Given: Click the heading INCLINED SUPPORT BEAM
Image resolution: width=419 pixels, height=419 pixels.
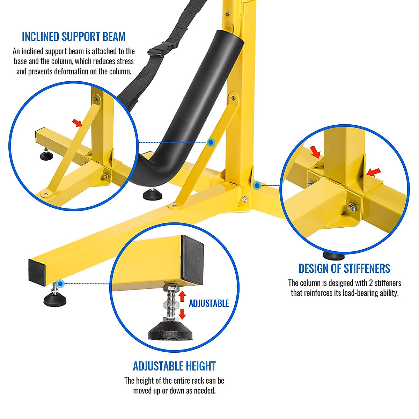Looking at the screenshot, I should [x=73, y=37].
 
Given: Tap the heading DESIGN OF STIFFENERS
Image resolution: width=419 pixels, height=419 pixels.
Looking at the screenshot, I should [x=344, y=268].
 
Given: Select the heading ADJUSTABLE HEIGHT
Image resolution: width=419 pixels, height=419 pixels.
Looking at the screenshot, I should [x=174, y=366].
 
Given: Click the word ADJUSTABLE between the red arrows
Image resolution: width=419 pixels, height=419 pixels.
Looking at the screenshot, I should [x=209, y=303].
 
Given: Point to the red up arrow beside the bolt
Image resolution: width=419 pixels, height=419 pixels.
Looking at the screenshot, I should [x=182, y=296].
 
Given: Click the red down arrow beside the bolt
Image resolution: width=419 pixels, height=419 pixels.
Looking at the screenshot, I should [x=182, y=314].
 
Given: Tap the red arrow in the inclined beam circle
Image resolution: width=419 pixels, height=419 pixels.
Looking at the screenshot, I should [x=77, y=122].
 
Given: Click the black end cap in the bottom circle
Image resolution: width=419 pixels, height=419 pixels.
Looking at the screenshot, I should [x=192, y=258].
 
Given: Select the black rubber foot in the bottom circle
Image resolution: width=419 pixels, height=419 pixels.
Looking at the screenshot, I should [x=170, y=330].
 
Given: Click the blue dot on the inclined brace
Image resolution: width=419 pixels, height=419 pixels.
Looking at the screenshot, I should [x=211, y=142].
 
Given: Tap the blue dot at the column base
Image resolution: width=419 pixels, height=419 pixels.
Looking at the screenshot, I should [x=257, y=185].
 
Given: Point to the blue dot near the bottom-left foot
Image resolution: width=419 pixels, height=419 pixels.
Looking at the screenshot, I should [x=60, y=284].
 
